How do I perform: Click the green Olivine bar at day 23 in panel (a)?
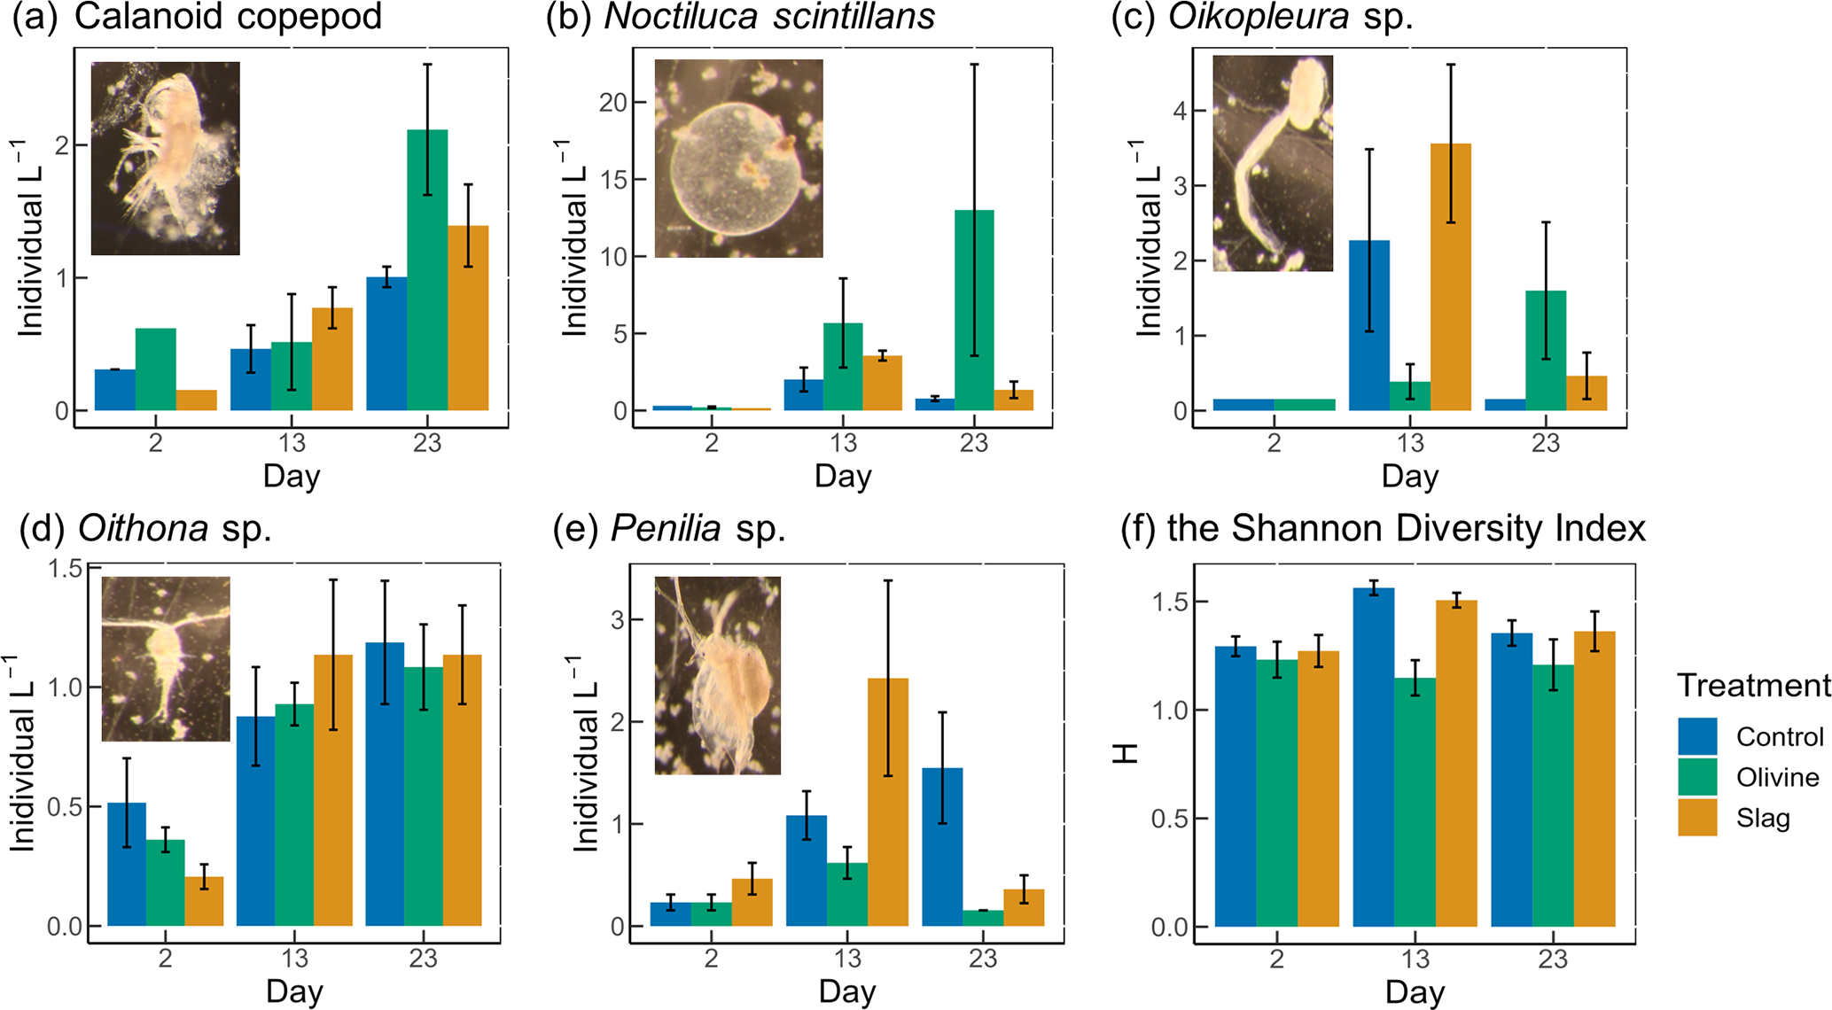pos(427,270)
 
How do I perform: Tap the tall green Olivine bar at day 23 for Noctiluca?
pos(974,310)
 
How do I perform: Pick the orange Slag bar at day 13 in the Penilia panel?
pos(888,802)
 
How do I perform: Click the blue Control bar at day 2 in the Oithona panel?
pos(127,864)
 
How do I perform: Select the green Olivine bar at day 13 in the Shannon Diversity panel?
pos(1415,802)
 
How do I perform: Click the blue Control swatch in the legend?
pos(1697,736)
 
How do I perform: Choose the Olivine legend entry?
pos(1777,777)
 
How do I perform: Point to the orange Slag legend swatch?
pos(1697,818)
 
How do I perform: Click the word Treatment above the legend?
pos(1753,685)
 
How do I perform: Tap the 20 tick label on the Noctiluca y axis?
pos(612,103)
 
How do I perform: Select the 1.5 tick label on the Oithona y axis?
pos(64,568)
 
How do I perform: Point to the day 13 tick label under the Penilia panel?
pos(847,958)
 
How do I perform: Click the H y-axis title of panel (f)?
pos(1126,753)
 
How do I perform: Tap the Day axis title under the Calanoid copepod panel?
pos(292,476)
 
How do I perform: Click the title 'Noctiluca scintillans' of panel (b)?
pos(769,17)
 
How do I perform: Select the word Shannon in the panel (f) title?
pos(1308,529)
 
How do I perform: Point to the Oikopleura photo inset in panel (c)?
pos(1272,163)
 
